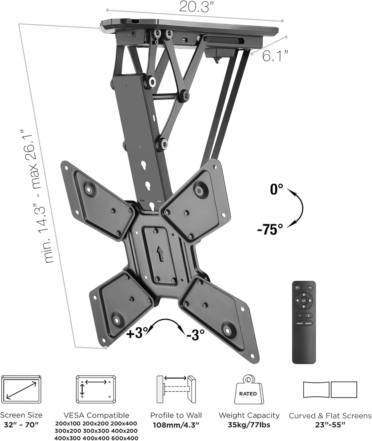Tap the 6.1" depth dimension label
coord(275,56)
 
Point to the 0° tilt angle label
coord(276,189)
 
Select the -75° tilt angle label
coord(270,229)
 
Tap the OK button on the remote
coord(304,300)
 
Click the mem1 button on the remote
coord(300,323)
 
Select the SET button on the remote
coord(310,288)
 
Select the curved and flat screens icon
coord(330,390)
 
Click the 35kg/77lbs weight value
coord(249,425)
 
